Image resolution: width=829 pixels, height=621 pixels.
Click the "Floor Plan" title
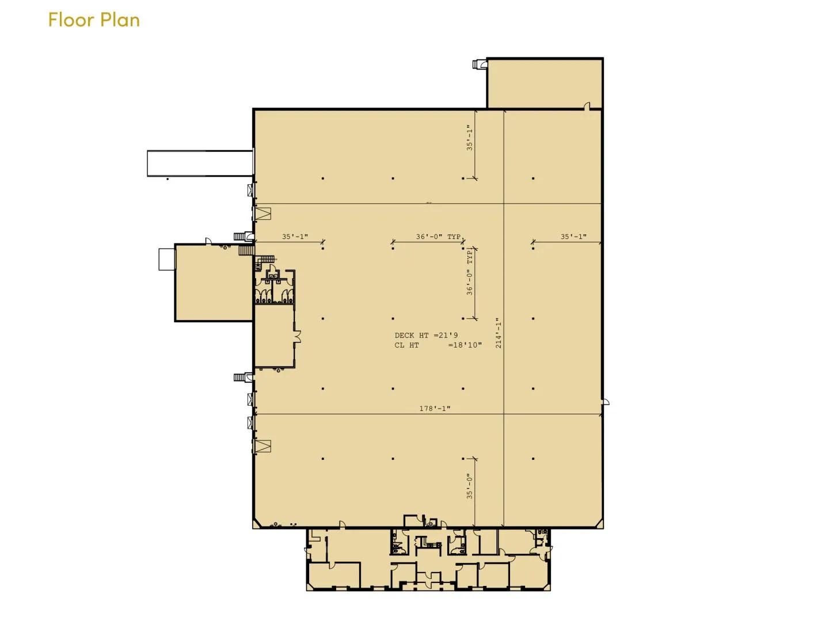[94, 20]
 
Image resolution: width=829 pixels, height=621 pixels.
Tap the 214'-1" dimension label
[499, 333]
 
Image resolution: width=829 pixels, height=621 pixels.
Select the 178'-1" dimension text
[435, 409]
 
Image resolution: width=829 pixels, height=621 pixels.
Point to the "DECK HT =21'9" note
[426, 335]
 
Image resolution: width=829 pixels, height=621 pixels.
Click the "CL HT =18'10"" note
[438, 345]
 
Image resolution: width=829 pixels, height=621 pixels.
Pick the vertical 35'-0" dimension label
[469, 486]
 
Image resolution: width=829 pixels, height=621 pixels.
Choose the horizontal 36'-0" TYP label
[438, 237]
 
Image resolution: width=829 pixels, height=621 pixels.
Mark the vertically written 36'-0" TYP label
[469, 272]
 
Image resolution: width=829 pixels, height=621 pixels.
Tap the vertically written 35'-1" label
[469, 138]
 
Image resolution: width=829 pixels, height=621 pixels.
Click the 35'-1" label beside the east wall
[573, 237]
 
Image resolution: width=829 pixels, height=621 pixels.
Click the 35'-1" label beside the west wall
[295, 237]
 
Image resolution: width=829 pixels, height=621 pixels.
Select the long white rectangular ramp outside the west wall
[200, 163]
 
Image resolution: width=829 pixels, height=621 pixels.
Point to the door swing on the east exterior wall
[605, 402]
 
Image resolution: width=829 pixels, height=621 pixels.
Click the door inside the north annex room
[587, 106]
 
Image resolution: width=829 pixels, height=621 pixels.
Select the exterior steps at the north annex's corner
[480, 64]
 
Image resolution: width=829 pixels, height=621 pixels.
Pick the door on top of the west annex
[208, 241]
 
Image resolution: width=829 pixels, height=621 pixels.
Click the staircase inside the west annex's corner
[246, 250]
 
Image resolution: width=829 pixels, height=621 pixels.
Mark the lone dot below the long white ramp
[168, 180]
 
